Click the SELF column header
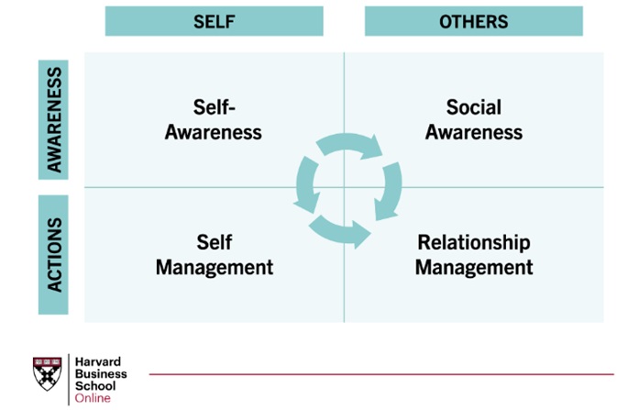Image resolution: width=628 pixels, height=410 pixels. coord(214,21)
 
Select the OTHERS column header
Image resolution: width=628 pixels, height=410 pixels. coord(473,21)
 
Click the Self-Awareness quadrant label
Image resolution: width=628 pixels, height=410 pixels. coord(214,119)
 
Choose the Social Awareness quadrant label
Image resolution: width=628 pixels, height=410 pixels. coord(473,119)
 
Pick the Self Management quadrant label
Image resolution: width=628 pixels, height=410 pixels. coord(214,255)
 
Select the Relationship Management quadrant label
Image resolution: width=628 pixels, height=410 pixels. coord(473,255)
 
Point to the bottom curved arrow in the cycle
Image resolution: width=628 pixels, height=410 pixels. coord(338,231)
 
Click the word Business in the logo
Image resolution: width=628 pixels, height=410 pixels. coord(101,373)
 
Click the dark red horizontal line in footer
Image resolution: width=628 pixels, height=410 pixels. coord(380,374)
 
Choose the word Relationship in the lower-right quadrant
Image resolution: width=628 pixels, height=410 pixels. coord(473,243)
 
